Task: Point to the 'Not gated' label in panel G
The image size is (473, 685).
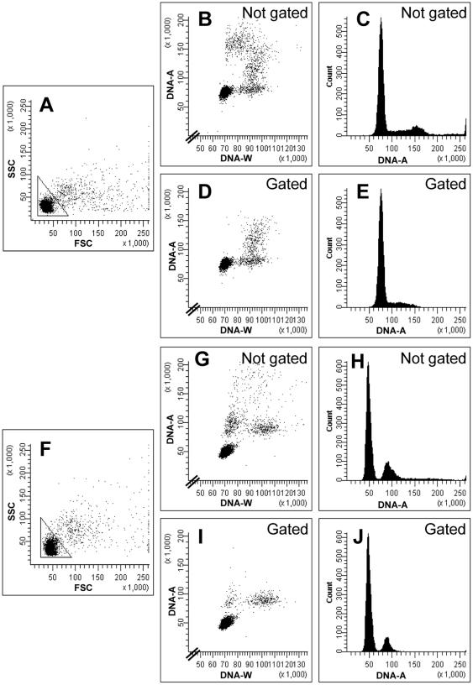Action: point(271,358)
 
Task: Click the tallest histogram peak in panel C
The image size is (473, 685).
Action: point(381,25)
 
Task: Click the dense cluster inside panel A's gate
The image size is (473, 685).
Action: point(48,205)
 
